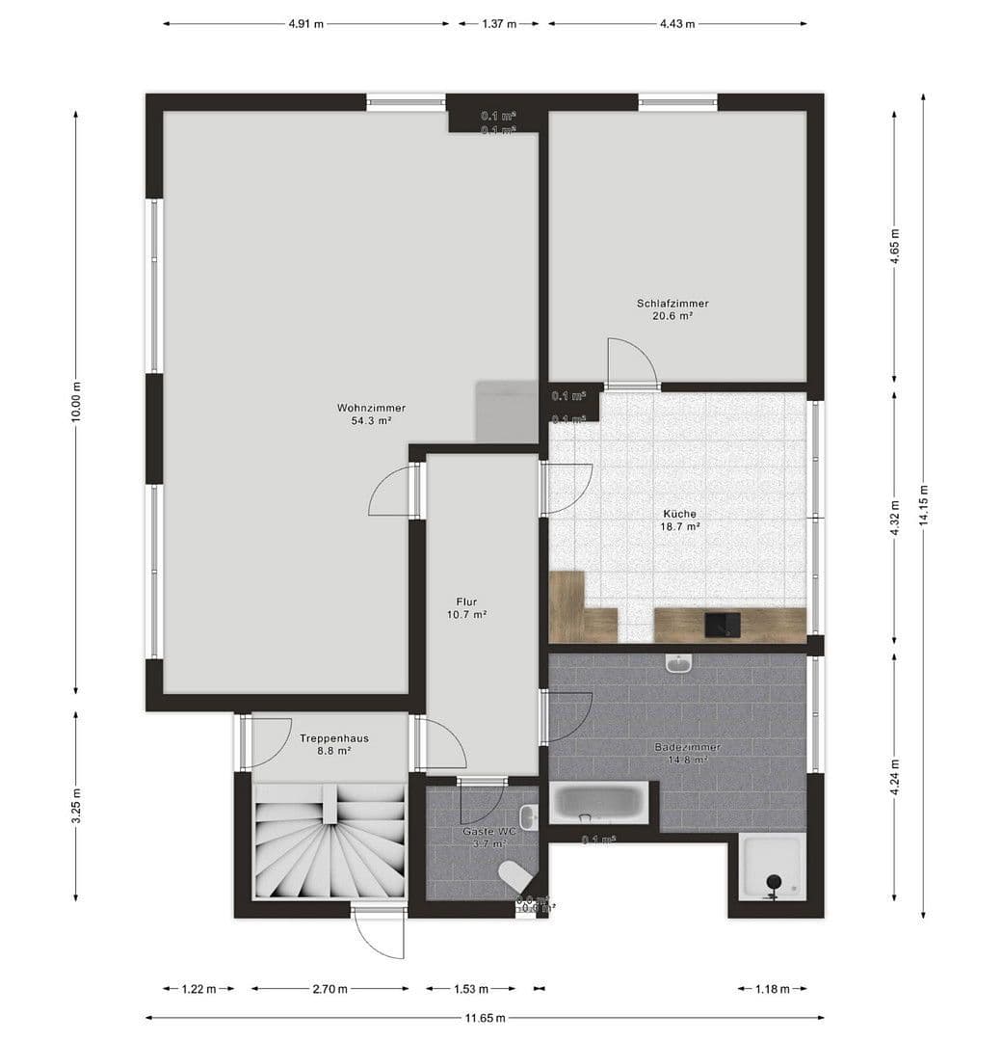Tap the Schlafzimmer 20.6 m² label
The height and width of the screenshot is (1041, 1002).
tap(672, 308)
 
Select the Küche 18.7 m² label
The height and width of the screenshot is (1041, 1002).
tap(679, 520)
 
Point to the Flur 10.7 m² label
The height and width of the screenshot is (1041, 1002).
tap(466, 607)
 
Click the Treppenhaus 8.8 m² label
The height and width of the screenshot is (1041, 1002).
tap(333, 744)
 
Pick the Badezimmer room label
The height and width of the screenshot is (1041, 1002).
tap(688, 753)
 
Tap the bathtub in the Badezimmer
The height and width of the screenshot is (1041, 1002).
tap(600, 802)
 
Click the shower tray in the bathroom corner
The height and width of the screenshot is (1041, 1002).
tap(772, 867)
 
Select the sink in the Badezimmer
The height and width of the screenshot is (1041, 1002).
tap(679, 663)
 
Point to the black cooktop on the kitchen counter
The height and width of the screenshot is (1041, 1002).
tap(722, 625)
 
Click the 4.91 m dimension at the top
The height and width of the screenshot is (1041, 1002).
tap(305, 24)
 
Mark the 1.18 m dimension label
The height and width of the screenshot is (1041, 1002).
tap(772, 989)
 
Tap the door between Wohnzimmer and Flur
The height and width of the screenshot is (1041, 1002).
tap(393, 492)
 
